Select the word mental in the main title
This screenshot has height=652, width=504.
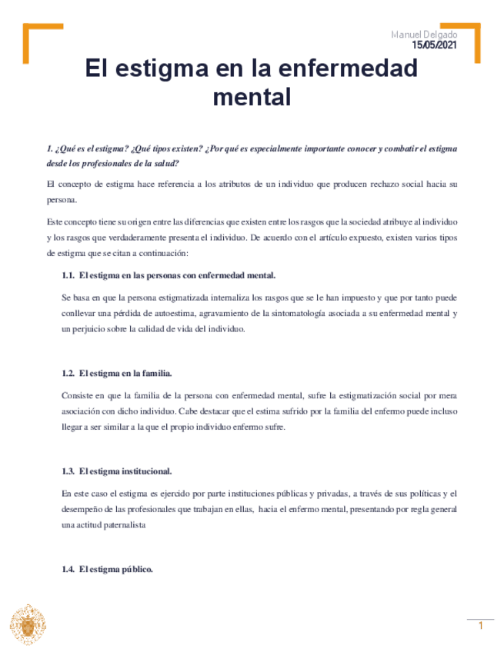coord(252,98)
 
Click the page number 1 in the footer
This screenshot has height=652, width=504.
coord(480,626)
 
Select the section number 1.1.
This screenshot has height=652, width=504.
coord(68,275)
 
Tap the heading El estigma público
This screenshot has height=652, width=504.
coord(116,569)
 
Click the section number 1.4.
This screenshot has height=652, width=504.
coord(68,569)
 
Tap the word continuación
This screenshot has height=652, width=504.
coord(150,253)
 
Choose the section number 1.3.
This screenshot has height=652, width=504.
coord(68,471)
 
